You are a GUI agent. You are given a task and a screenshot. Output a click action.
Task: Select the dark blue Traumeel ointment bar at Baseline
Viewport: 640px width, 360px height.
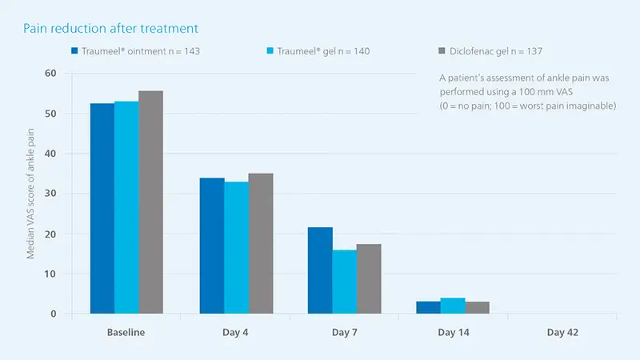coord(102,209)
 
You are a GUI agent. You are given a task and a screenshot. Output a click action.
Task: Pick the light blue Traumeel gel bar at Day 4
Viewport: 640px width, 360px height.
coord(236,248)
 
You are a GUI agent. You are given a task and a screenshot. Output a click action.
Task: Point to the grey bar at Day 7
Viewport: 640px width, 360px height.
coord(369,279)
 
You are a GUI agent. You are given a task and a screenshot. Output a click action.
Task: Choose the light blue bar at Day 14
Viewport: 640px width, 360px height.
coord(453,306)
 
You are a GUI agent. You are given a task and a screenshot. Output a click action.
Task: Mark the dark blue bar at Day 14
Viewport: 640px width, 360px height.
coord(429,307)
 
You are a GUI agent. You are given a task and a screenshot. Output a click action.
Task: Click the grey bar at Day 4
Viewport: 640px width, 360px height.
coord(261,244)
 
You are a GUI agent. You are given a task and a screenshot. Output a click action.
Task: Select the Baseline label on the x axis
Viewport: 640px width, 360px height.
coord(126,331)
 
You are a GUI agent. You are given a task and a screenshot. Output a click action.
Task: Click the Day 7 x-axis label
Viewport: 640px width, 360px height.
coord(344,331)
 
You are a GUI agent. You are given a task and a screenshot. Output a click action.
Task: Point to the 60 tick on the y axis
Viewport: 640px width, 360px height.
coord(51,74)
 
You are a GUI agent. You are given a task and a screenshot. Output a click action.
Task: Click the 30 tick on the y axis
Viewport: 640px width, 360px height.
coord(51,194)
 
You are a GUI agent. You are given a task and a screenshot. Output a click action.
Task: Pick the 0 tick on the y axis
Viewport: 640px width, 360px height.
coord(54,314)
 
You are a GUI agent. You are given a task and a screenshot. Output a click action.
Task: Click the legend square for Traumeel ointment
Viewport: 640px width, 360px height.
coord(74,51)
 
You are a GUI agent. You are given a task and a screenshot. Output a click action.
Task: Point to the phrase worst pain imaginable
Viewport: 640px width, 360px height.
coord(569,106)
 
